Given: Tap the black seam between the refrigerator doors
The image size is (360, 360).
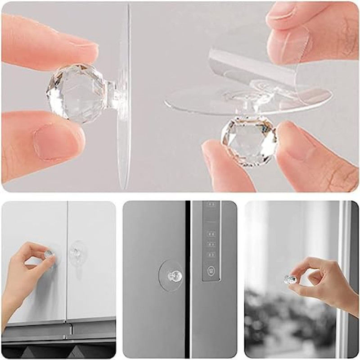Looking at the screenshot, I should pos(188,279).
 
